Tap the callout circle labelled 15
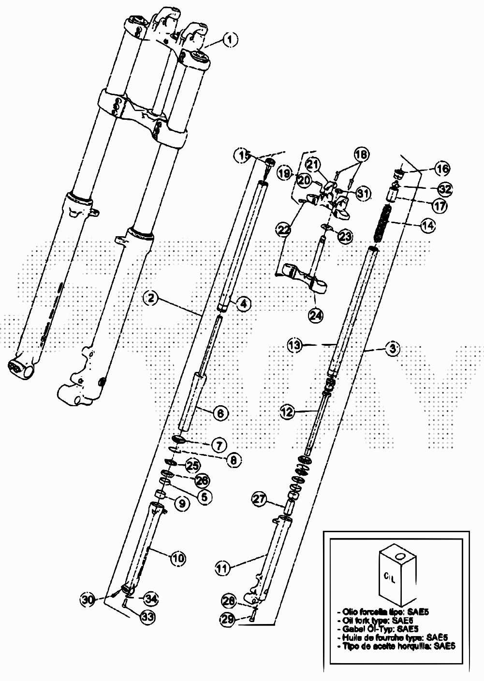pyautogui.click(x=243, y=156)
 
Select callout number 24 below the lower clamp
pyautogui.click(x=315, y=314)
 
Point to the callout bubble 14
pyautogui.click(x=427, y=225)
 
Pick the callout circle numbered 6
pyautogui.click(x=220, y=413)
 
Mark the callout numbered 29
pyautogui.click(x=229, y=618)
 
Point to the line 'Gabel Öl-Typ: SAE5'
pyautogui.click(x=377, y=629)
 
